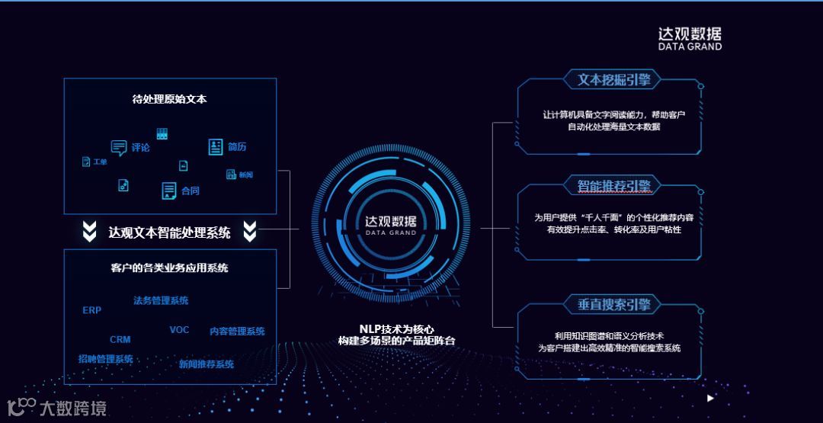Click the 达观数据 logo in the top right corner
690,38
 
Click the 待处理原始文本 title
170,99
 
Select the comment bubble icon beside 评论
119,148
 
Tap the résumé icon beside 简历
216,147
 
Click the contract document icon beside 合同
169,191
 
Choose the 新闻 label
245,175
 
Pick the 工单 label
100,162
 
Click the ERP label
91,310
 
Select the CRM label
120,339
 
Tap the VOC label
179,329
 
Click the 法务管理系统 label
161,300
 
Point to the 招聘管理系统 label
106,359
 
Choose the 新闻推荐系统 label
207,364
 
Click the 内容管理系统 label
237,332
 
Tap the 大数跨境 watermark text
74,408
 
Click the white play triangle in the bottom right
710,398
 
